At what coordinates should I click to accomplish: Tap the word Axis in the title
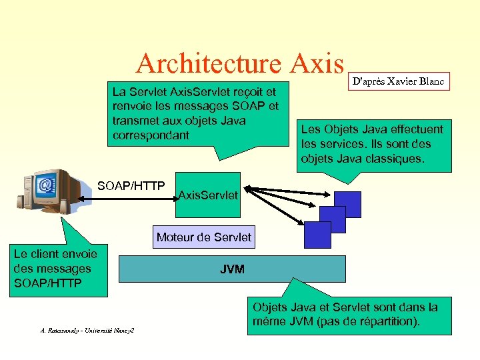[x=317, y=64]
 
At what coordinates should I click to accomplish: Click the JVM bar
[x=232, y=269]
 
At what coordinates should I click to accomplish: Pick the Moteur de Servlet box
[x=203, y=237]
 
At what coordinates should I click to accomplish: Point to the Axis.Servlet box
[x=208, y=195]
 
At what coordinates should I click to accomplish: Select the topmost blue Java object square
[x=347, y=205]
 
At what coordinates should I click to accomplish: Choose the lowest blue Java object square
[x=317, y=235]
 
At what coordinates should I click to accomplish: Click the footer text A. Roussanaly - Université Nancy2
[x=87, y=331]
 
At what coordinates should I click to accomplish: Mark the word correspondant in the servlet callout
[x=151, y=135]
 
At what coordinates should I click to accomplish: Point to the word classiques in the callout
[x=397, y=159]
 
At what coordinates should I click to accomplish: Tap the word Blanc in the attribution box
[x=433, y=81]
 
